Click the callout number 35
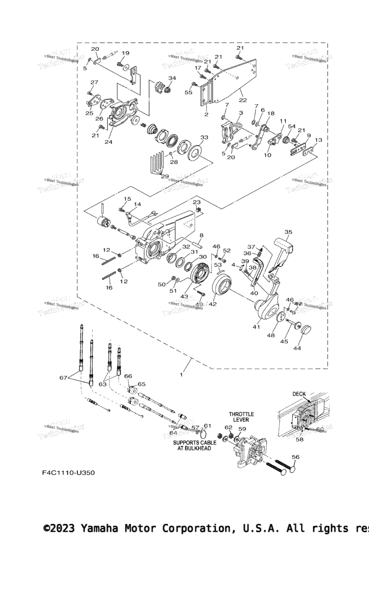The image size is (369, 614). [x=288, y=232]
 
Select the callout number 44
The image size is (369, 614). [x=297, y=348]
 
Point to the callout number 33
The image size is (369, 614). [x=204, y=137]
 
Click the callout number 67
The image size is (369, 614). [x=63, y=378]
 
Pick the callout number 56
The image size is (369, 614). [x=295, y=457]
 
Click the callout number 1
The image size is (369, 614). [x=181, y=375]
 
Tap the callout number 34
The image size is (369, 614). [x=172, y=78]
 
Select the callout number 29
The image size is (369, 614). [x=165, y=177]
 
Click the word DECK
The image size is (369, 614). [x=299, y=394]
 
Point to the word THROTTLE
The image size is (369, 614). [x=241, y=414]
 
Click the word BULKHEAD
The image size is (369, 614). [x=197, y=449]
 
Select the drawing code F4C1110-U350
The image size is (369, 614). [x=68, y=472]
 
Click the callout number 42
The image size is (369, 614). [x=212, y=304]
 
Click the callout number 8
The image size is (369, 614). [x=201, y=235]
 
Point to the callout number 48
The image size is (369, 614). [x=271, y=335]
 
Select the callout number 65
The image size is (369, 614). [x=141, y=384]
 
